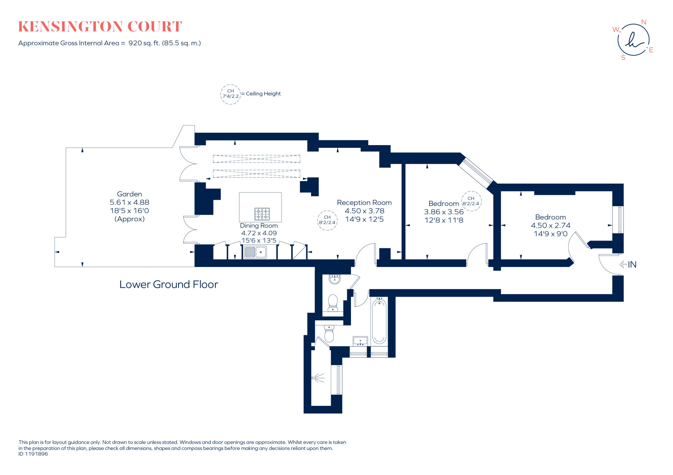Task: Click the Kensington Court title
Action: [100, 27]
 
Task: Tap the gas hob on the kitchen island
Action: [262, 214]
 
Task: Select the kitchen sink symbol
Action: [255, 252]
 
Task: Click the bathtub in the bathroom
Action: [379, 321]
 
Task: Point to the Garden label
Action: [129, 194]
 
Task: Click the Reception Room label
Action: [364, 203]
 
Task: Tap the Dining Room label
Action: [259, 226]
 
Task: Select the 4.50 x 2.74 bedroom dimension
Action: [550, 225]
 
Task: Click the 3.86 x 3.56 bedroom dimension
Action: [444, 212]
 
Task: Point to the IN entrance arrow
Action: [628, 264]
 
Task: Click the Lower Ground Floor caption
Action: [169, 284]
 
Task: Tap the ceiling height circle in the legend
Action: [230, 94]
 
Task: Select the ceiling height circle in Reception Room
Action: [327, 220]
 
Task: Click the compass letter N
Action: [643, 22]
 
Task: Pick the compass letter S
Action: [623, 58]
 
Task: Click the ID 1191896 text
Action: [33, 454]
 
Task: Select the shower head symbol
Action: [318, 378]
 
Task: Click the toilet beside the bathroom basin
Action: [329, 334]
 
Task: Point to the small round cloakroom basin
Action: [335, 279]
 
